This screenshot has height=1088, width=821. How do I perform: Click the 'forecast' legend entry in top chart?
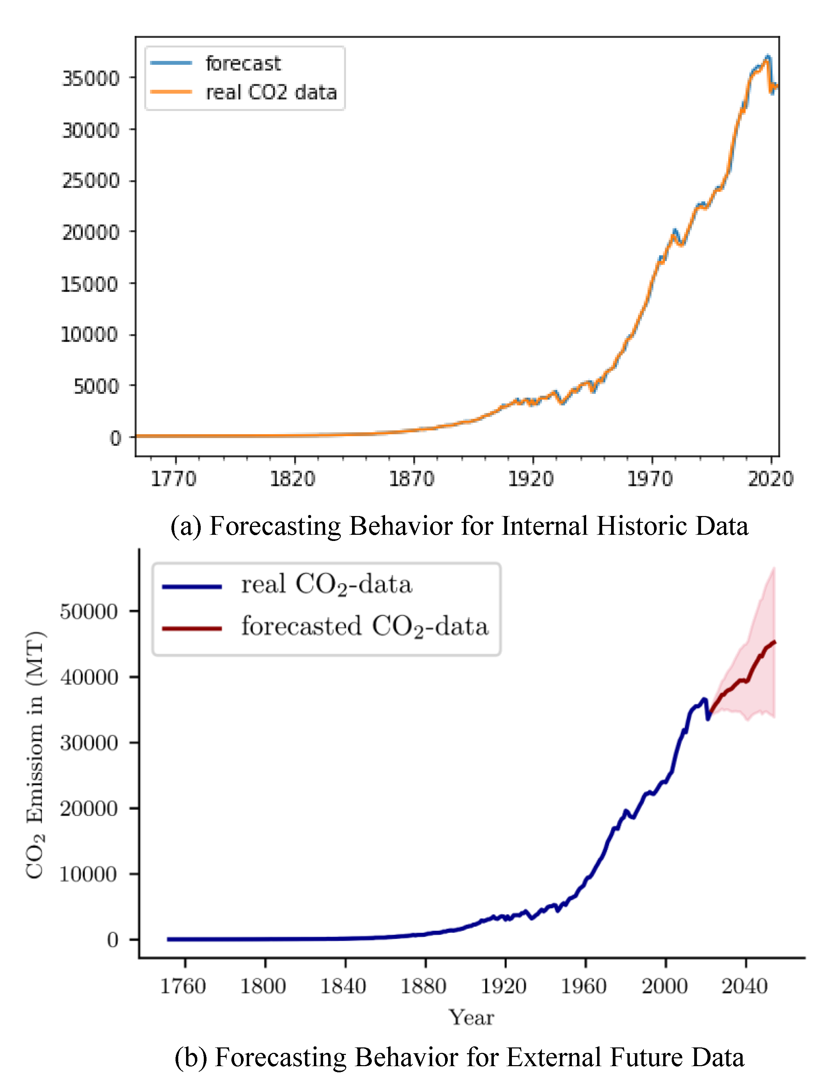click(x=243, y=63)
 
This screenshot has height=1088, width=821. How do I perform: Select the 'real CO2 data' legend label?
click(x=271, y=92)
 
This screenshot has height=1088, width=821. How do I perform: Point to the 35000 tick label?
click(x=90, y=78)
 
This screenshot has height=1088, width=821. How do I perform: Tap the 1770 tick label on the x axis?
click(x=173, y=479)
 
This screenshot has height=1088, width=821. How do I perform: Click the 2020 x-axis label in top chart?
click(x=770, y=479)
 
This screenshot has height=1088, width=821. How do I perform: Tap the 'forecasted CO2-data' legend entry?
click(x=364, y=627)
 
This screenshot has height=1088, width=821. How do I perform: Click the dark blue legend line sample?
click(x=192, y=586)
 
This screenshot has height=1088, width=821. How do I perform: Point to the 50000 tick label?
click(x=89, y=612)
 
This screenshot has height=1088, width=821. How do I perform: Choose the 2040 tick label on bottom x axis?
click(x=744, y=986)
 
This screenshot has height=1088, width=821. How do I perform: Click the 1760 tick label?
click(x=183, y=986)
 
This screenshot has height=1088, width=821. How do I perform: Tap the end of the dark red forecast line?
click(x=775, y=642)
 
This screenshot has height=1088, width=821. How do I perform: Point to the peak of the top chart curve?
click(x=768, y=57)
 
